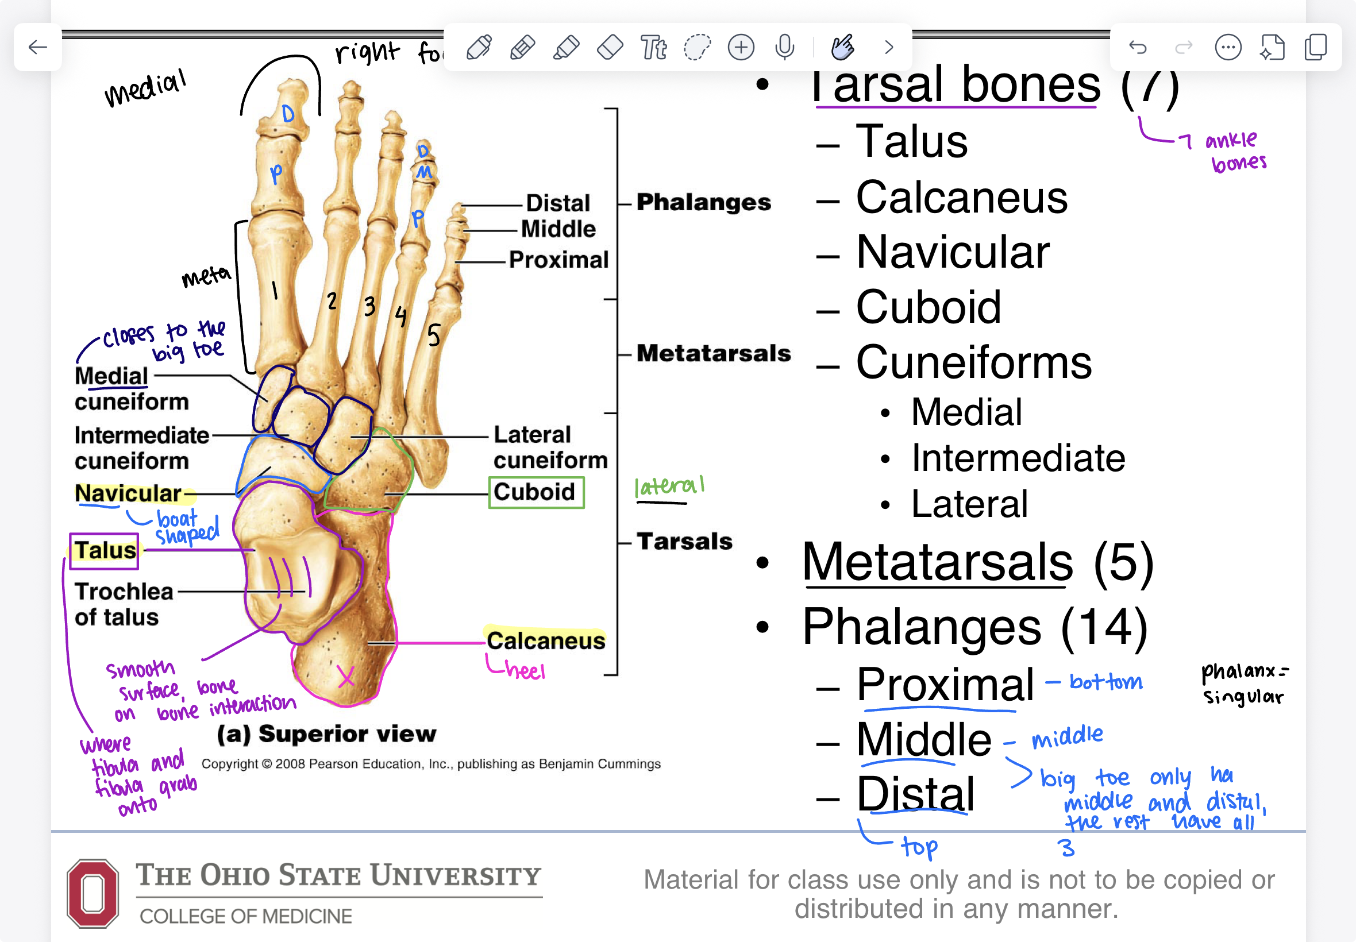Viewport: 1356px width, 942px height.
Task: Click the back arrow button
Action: pos(38,47)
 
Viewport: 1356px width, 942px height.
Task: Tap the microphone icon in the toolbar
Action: pos(784,47)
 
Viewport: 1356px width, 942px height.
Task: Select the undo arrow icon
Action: pos(1138,47)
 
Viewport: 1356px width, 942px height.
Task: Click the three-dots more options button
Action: pos(1228,47)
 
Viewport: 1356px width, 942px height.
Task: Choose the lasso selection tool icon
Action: pos(697,47)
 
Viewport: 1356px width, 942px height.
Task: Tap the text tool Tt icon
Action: pos(653,47)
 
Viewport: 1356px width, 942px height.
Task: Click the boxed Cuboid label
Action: pos(536,492)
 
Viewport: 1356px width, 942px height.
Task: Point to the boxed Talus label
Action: pos(105,551)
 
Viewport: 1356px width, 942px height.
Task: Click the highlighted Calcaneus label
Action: pos(545,640)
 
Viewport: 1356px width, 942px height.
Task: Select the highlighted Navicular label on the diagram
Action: pos(128,493)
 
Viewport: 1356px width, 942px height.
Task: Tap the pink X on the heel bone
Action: pos(346,677)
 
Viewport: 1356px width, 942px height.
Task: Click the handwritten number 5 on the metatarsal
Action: pos(434,335)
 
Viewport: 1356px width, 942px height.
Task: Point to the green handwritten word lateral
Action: pos(669,487)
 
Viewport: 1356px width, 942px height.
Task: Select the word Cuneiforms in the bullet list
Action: pos(973,362)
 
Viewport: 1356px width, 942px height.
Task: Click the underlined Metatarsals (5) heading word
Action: pos(938,562)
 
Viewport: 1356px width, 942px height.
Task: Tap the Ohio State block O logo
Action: pos(93,893)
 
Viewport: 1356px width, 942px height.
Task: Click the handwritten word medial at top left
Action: pos(145,88)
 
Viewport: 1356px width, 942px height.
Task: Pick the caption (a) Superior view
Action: pos(326,733)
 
